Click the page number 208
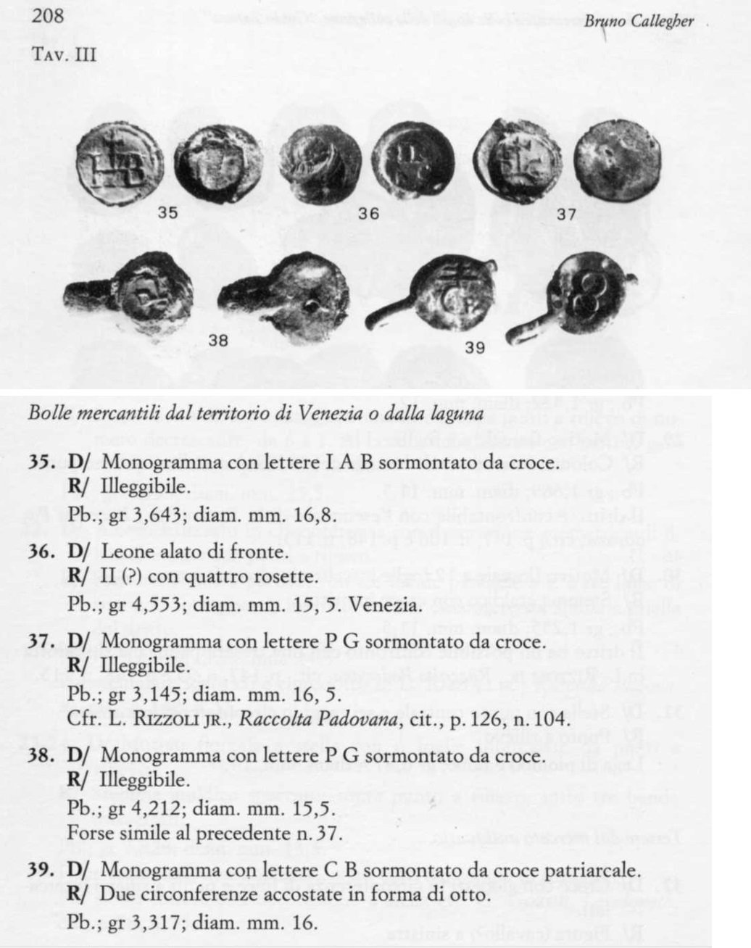click(x=49, y=17)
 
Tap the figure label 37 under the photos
click(x=566, y=215)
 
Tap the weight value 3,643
click(x=149, y=510)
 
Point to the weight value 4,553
click(x=149, y=602)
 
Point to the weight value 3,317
click(x=149, y=922)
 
